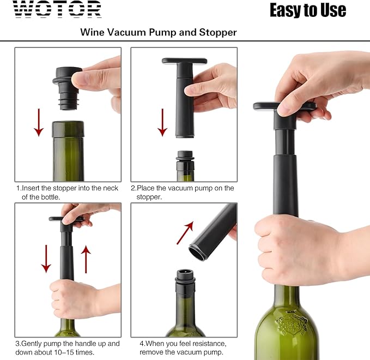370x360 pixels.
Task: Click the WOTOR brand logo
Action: pos(57,9)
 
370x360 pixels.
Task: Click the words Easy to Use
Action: pos(307,10)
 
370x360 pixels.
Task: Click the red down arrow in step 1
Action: pos(39,122)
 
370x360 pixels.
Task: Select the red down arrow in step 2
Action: pos(162,122)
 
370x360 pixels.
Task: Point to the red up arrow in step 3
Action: pos(85,259)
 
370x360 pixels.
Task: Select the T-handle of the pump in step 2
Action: pos(184,62)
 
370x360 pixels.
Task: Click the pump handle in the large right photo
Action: pos(284,106)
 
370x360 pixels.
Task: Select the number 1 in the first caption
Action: pos(17,188)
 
